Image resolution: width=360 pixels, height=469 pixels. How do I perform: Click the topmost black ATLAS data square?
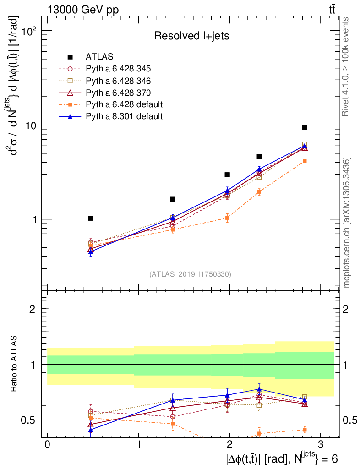pos(305,127)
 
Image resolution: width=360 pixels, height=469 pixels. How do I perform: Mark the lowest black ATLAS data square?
pos(91,218)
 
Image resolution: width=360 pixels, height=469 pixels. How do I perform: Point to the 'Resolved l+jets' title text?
pos(191,36)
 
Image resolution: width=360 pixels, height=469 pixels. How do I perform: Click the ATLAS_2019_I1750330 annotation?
pos(190,274)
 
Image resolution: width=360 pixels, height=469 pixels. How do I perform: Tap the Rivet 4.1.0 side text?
pos(347,66)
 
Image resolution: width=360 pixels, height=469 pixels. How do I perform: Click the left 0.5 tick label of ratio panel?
pos(31,420)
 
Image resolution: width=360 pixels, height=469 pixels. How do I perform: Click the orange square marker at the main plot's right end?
pos(305,161)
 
